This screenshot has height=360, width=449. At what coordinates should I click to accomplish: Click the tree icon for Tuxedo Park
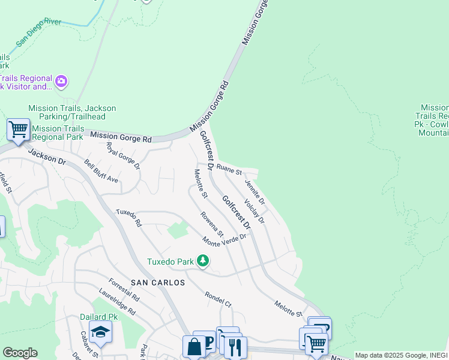203,260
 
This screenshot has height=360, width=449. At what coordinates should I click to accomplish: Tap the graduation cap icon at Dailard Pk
100,332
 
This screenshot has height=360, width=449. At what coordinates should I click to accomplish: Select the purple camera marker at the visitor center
61,81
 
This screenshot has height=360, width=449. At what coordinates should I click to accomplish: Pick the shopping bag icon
194,346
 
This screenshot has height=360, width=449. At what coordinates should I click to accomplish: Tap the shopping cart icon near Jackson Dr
19,129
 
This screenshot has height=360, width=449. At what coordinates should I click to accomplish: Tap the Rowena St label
212,224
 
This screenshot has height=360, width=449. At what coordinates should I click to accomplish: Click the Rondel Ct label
218,299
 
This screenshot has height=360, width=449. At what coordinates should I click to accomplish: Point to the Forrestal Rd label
124,290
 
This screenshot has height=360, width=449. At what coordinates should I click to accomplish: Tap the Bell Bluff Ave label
101,171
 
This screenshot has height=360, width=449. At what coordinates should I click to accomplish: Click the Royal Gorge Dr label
122,155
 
